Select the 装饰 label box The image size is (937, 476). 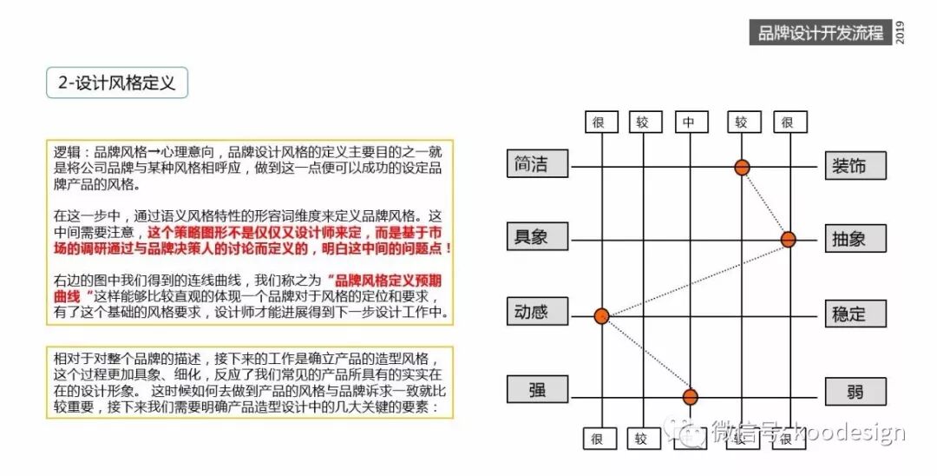point(855,165)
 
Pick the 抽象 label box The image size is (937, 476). point(855,239)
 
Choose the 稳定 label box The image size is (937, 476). point(855,314)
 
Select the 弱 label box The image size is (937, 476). point(855,392)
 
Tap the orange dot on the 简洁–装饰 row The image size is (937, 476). point(742,167)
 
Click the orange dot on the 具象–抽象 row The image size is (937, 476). point(788,239)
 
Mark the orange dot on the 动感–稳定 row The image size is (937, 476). point(601,315)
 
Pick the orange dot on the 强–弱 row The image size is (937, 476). point(690,397)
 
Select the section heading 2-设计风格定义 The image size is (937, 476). point(117,83)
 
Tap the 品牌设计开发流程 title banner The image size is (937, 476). point(821,33)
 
